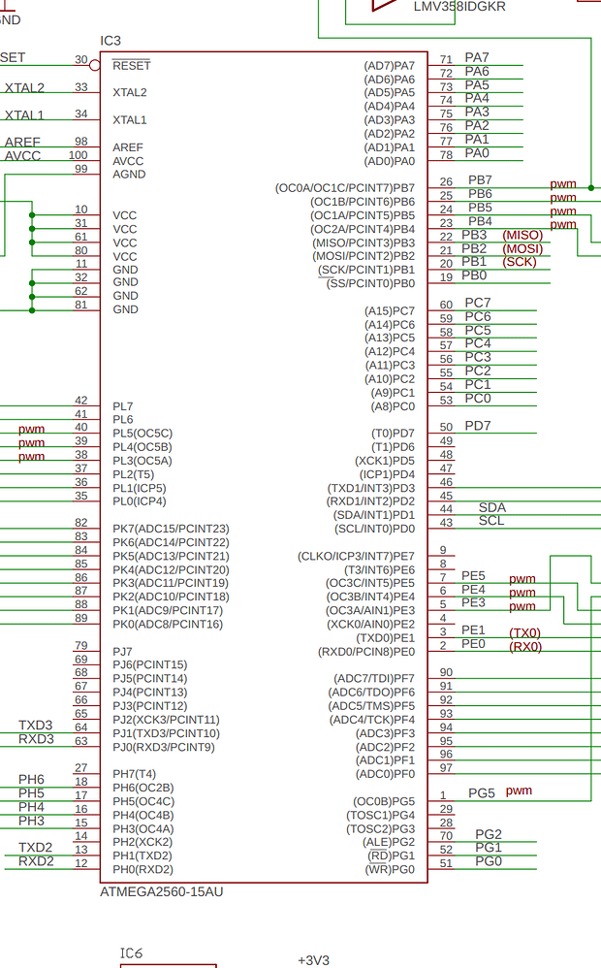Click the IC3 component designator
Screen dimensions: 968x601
111,41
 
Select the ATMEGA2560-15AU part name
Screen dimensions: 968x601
162,890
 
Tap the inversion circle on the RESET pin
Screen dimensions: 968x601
94,65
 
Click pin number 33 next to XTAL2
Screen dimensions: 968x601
81,87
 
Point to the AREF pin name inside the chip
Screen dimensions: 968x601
128,147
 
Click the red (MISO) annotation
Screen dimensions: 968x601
522,235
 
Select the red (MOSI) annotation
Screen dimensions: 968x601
522,248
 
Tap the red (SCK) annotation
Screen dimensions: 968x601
520,262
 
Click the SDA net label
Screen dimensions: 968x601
492,507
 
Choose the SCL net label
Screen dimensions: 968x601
491,521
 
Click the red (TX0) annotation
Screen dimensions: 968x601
525,632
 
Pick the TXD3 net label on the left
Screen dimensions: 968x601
36,726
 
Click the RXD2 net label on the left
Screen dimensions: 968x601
36,861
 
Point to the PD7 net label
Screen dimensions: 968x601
478,426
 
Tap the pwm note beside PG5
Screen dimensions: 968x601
519,791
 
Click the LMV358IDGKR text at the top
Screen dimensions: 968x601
459,7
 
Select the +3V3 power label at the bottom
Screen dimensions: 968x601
314,960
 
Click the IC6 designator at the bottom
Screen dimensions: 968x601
131,954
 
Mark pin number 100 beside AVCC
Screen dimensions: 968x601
78,155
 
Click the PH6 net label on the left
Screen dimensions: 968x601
31,780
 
